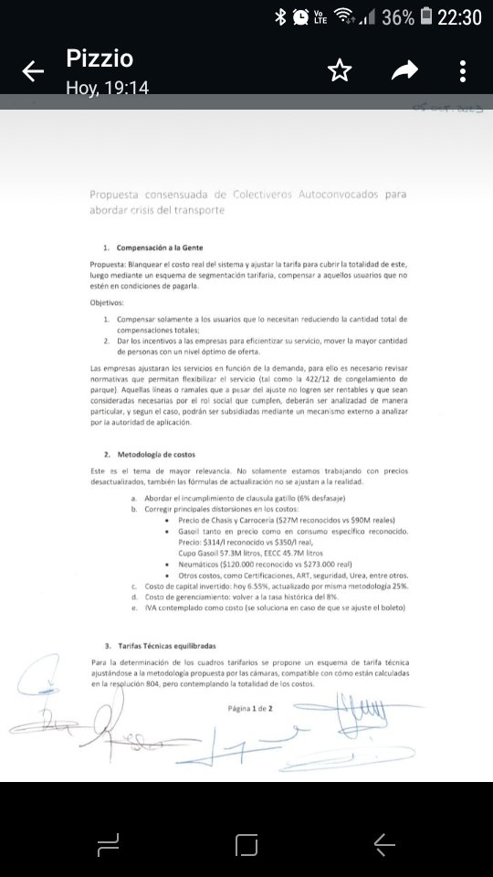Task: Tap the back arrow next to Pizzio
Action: coord(33,71)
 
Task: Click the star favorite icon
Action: coord(340,71)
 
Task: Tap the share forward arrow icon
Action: coord(404,71)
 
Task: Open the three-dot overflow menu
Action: coord(463,71)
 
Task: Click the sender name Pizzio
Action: coord(100,59)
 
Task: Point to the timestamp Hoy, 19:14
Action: coord(107,88)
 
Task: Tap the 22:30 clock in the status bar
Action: coord(459,16)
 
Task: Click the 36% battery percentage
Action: coord(398,16)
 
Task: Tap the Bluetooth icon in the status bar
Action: coord(280,16)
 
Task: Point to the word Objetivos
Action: coord(110,302)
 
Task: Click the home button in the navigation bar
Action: coord(246,845)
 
